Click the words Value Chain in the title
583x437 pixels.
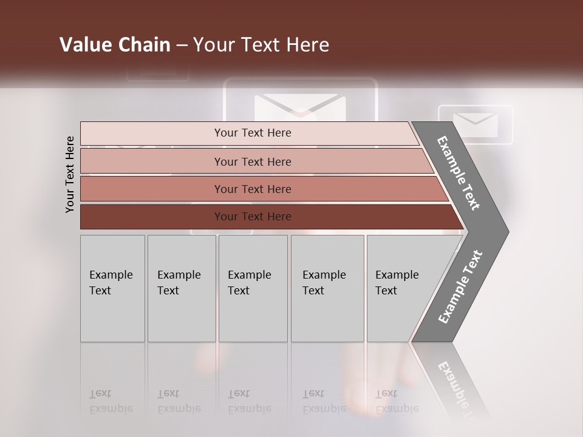click(x=115, y=45)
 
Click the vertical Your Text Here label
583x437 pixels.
click(x=70, y=174)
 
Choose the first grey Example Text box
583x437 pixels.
click(x=112, y=288)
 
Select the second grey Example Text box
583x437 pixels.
click(x=181, y=288)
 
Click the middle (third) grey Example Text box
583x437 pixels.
click(x=253, y=288)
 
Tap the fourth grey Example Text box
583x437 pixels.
click(x=327, y=288)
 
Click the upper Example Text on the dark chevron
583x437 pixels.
click(x=459, y=173)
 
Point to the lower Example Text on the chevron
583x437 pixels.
click(x=460, y=286)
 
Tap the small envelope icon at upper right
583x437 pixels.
click(x=476, y=124)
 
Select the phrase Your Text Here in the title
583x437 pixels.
click(x=261, y=45)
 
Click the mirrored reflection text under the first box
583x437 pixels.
click(x=111, y=401)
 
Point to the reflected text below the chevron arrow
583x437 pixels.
click(x=455, y=388)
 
